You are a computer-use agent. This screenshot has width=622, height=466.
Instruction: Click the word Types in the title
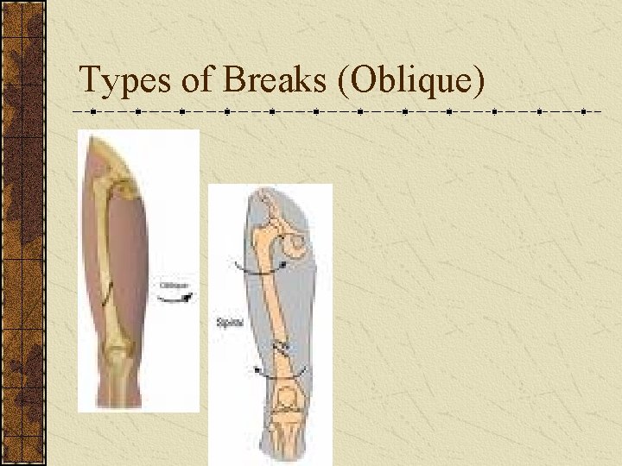126,80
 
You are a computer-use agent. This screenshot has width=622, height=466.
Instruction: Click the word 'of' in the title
197,80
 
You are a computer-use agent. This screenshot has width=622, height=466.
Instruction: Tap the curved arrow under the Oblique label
176,299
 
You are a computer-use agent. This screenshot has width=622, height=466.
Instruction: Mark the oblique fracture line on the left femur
105,294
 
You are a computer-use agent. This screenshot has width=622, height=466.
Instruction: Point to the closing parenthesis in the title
479,80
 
